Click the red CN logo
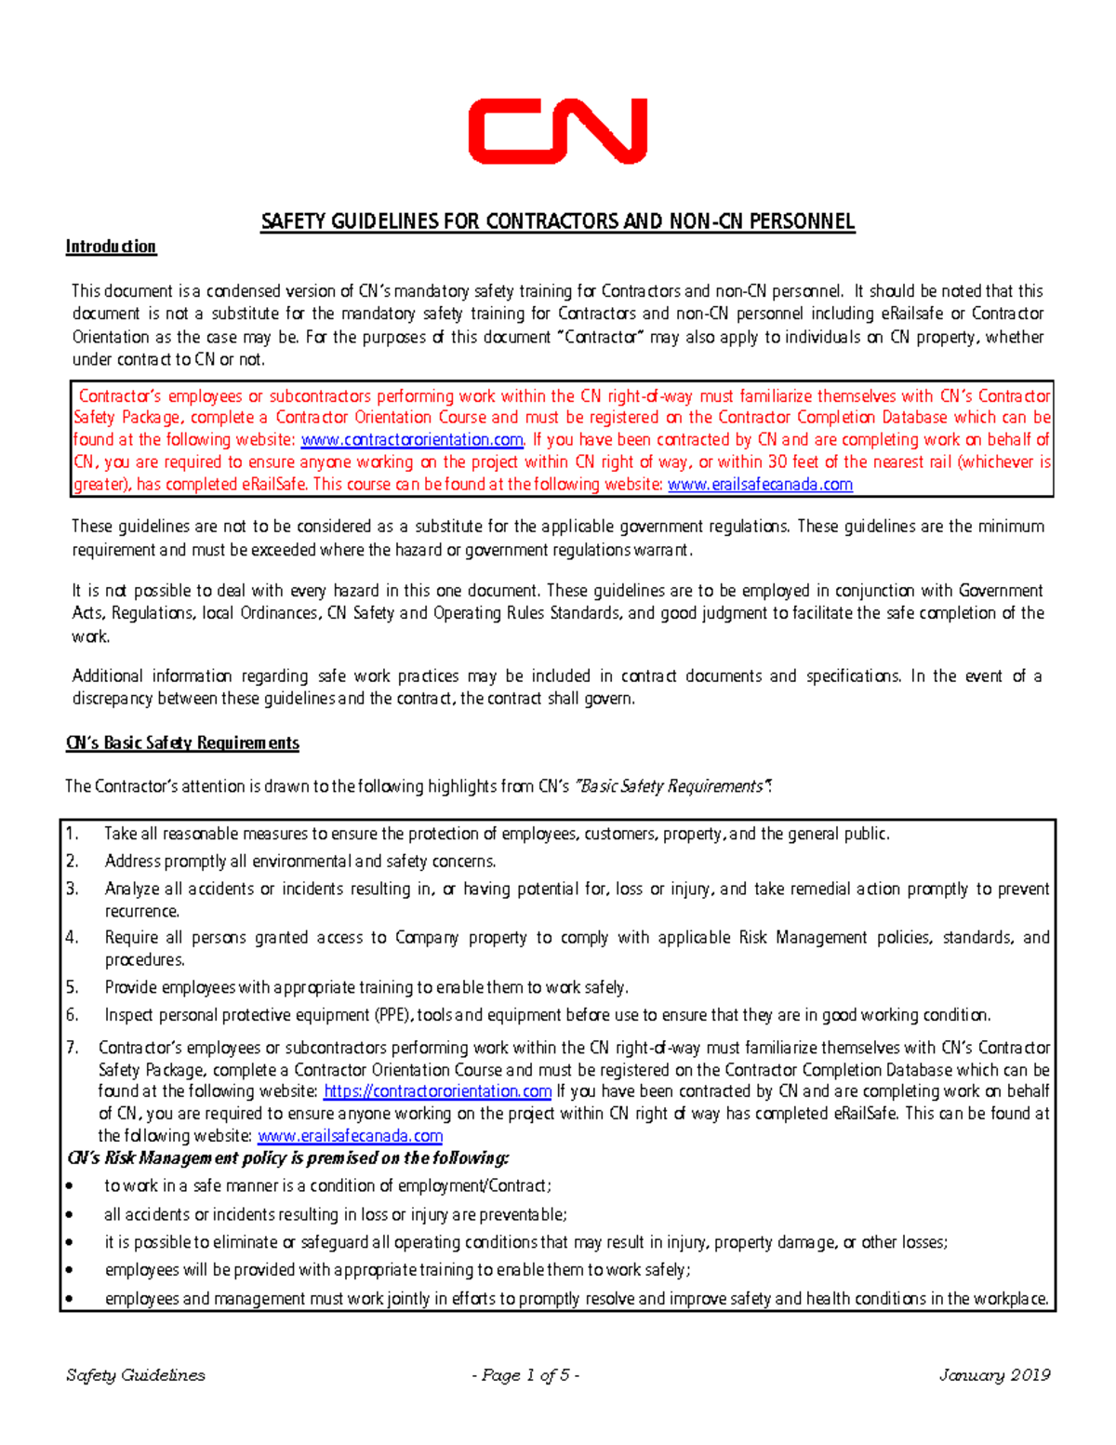coord(557,131)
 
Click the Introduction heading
coord(111,247)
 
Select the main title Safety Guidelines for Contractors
coord(557,221)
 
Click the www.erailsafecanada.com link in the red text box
coord(760,485)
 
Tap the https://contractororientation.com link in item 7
coord(437,1091)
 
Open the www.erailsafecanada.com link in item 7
coord(350,1136)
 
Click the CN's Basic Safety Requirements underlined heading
coord(182,743)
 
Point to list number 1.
coord(73,834)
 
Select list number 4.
coord(73,938)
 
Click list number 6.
coord(73,1015)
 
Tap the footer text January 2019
coord(994,1375)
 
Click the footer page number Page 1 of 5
coord(526,1375)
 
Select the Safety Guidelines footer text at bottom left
coord(136,1375)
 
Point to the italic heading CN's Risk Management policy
coord(288,1158)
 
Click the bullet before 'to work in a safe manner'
coord(70,1187)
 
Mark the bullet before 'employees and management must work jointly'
coord(70,1300)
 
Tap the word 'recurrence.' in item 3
coord(141,911)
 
